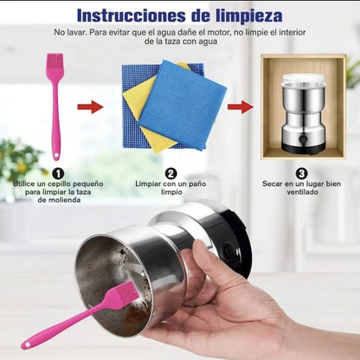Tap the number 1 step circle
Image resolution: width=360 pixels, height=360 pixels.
56,172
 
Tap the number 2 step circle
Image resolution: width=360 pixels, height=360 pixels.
171,172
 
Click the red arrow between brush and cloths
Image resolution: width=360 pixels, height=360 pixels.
90,107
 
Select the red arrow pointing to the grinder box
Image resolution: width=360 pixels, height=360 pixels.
241,107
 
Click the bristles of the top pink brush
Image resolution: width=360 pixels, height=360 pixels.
55,68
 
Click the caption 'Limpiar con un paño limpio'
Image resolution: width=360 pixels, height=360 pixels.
170,188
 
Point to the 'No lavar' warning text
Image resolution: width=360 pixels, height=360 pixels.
180,36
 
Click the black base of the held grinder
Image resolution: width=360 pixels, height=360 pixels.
235,238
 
